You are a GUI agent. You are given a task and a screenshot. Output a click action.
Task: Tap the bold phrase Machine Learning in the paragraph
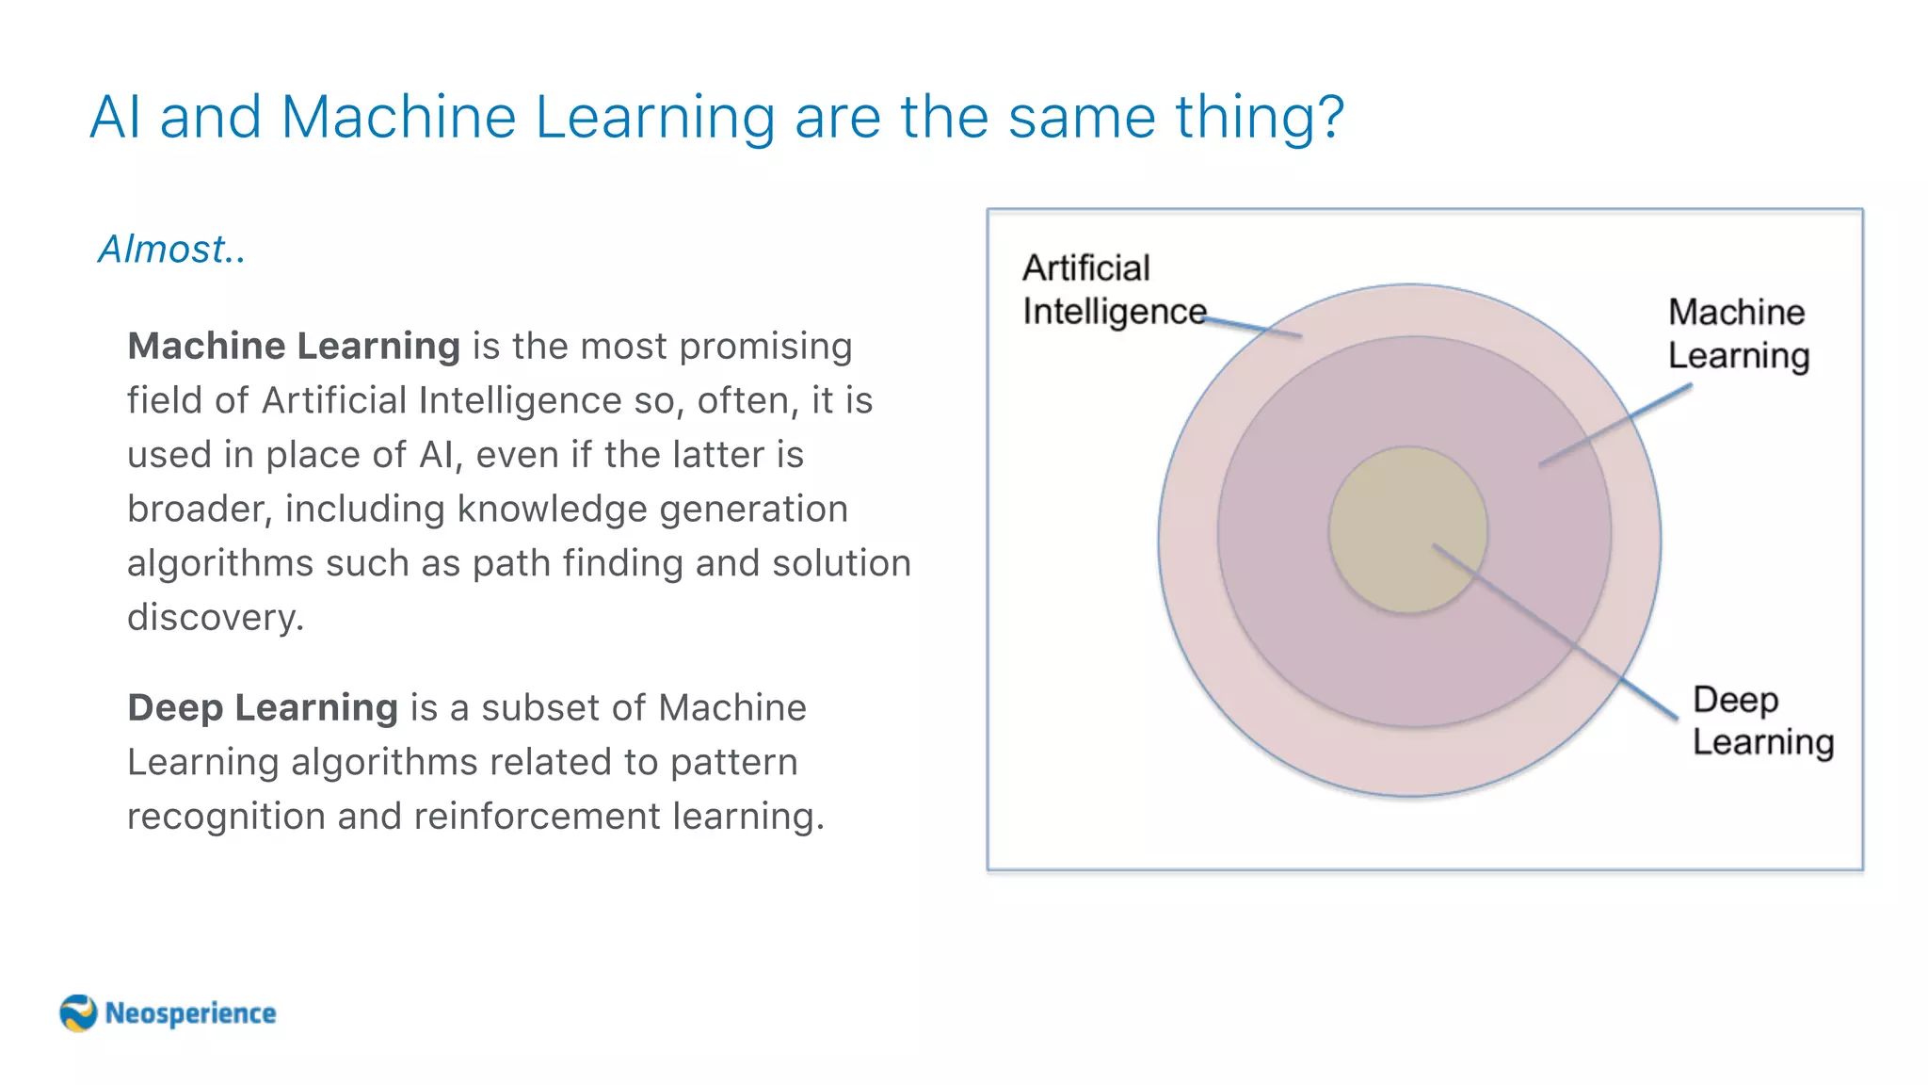coord(294,347)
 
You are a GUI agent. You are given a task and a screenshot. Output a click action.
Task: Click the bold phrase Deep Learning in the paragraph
coord(263,707)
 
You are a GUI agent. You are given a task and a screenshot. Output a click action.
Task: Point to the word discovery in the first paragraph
coord(215,618)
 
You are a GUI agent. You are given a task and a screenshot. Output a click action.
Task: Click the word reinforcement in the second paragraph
coord(537,817)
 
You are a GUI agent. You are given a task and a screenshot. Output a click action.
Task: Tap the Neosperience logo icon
coord(78,1013)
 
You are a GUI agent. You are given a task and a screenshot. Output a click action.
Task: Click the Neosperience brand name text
coord(190,1013)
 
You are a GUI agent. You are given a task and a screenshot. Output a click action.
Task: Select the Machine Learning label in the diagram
coord(1738,333)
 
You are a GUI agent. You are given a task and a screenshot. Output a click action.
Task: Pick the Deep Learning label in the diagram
coord(1762,721)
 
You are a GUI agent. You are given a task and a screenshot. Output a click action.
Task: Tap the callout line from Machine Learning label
coord(1615,426)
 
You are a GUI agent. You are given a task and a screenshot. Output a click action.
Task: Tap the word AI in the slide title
coord(116,118)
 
